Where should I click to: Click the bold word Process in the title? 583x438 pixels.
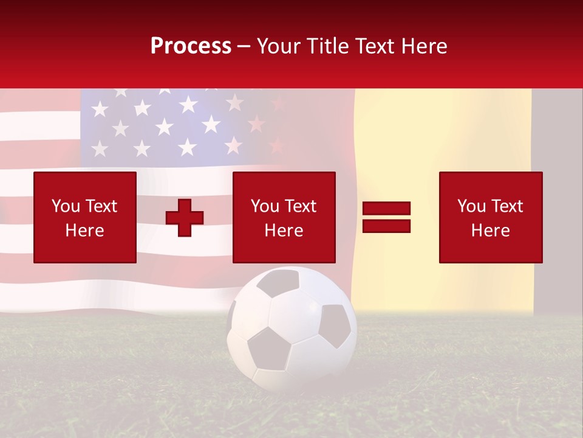(x=191, y=46)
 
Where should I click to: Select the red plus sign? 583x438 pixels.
(x=185, y=217)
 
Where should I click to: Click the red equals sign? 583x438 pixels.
(x=386, y=217)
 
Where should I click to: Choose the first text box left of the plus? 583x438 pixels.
(x=85, y=217)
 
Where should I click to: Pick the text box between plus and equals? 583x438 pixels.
(x=284, y=217)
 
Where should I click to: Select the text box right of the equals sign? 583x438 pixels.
(x=490, y=217)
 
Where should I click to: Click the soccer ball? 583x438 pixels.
(x=291, y=328)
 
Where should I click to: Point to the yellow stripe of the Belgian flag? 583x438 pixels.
(x=443, y=182)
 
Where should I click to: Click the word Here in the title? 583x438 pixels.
(x=425, y=46)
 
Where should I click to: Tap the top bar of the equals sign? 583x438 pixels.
(x=386, y=208)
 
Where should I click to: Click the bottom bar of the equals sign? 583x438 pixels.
(x=386, y=226)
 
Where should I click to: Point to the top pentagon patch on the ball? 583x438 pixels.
(x=279, y=282)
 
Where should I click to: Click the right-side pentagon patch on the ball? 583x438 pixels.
(x=335, y=325)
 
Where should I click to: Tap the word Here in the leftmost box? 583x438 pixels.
(x=84, y=230)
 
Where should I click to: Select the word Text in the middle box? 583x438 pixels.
(x=301, y=206)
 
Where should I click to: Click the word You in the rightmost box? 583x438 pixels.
(x=471, y=206)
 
